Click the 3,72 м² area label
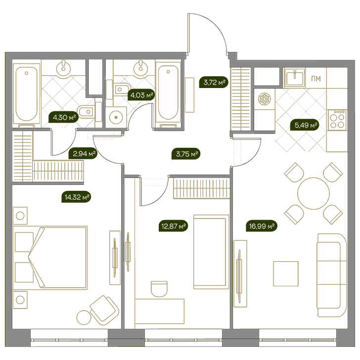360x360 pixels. pos(214,82)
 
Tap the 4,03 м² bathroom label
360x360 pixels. pos(141,95)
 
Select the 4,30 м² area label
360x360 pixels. pos(63,118)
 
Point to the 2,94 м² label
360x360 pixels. pos(83,153)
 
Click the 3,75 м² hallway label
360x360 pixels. pos(186,154)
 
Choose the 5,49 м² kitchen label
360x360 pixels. pos(305,125)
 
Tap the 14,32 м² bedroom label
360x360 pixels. pos(76,197)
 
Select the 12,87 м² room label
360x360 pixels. pos(174,226)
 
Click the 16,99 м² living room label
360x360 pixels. pos(262,226)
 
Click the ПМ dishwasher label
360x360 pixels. pos(316,79)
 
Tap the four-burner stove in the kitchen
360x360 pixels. pos(337,120)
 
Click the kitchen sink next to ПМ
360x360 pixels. pos(294,78)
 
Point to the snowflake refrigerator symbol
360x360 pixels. pos(265,99)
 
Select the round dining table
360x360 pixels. pos(314,193)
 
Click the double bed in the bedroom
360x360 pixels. pos(50,258)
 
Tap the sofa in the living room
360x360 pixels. pos(332,275)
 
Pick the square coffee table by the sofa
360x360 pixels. pos(286,273)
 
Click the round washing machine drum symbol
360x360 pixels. pos(116,117)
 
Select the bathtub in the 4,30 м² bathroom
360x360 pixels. pos(26,94)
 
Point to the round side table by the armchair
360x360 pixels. pos(84,317)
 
